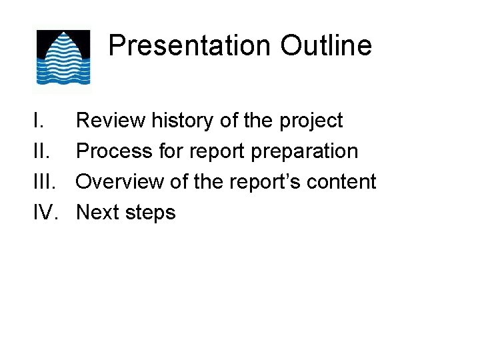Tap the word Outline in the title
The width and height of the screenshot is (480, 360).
[325, 46]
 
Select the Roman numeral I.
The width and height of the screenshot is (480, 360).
[38, 121]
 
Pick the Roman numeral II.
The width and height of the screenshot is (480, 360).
[41, 151]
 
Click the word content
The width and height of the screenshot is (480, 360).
[346, 182]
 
